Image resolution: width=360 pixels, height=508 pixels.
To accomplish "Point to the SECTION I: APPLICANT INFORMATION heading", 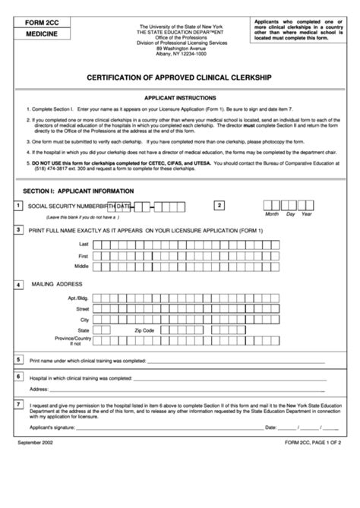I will coord(79,191).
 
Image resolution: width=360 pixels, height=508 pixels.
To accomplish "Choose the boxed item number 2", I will coord(219,205).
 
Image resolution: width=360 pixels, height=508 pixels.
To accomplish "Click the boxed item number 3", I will coord(18,229).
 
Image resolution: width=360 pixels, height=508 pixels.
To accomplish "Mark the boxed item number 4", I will coord(18,286).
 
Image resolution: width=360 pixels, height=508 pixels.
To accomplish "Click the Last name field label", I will coord(84,245).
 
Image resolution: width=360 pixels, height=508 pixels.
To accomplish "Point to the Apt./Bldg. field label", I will coord(78,299).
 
